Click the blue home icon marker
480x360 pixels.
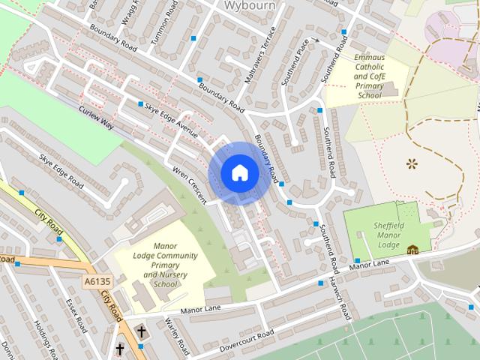click(239, 172)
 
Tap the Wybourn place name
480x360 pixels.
click(250, 7)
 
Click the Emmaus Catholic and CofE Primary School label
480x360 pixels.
click(369, 76)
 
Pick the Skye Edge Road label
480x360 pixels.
click(61, 170)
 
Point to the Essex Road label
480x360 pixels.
click(76, 314)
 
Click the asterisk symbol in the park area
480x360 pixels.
click(411, 163)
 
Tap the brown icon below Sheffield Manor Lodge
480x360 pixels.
click(412, 250)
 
